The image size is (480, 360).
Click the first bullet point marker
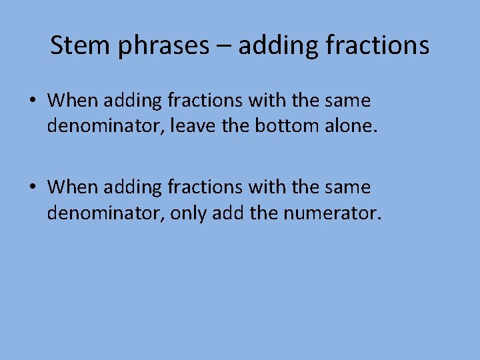[33, 101]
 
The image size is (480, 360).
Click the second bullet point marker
[33, 187]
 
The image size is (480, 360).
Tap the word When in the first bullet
[73, 101]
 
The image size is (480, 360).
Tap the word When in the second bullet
[73, 187]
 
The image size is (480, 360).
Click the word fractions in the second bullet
[205, 187]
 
